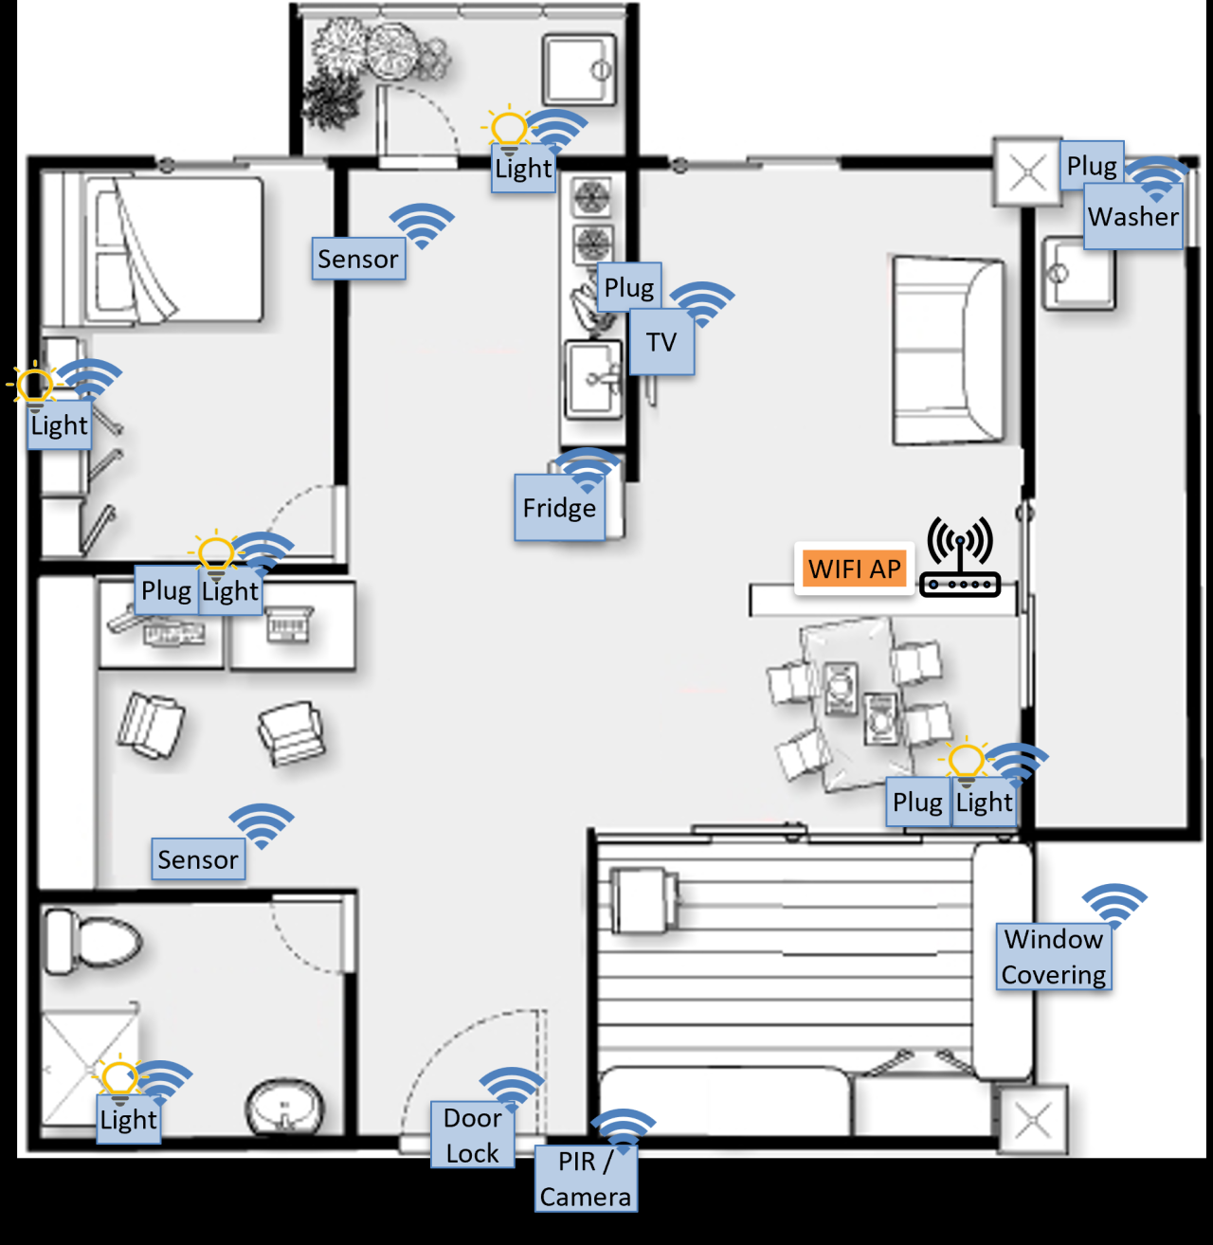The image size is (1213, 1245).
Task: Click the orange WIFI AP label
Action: pos(854,568)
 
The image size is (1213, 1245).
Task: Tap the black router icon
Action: pos(960,557)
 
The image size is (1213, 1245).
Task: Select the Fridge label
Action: pos(559,507)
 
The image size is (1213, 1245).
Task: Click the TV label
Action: pos(661,342)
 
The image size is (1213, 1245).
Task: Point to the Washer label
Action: pos(1133,216)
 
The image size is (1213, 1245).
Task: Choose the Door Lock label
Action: pos(472,1135)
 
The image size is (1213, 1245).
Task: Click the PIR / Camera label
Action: pos(586,1179)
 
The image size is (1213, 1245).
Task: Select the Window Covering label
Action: pos(1054,957)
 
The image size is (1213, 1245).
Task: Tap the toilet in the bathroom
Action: pos(94,942)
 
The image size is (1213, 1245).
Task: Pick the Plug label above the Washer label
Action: pos(1092,165)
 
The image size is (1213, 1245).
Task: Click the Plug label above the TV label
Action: pos(629,287)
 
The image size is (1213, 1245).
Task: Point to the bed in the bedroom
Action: pos(153,248)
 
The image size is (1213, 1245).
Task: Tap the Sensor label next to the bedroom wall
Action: pos(358,259)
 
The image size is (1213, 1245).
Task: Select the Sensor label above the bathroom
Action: pos(198,859)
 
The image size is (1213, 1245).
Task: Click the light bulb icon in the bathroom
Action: pos(119,1079)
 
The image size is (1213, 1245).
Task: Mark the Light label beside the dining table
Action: pos(984,802)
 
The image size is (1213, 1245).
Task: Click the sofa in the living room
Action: pos(949,351)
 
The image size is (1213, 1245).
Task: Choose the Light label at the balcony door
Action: pos(523,169)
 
